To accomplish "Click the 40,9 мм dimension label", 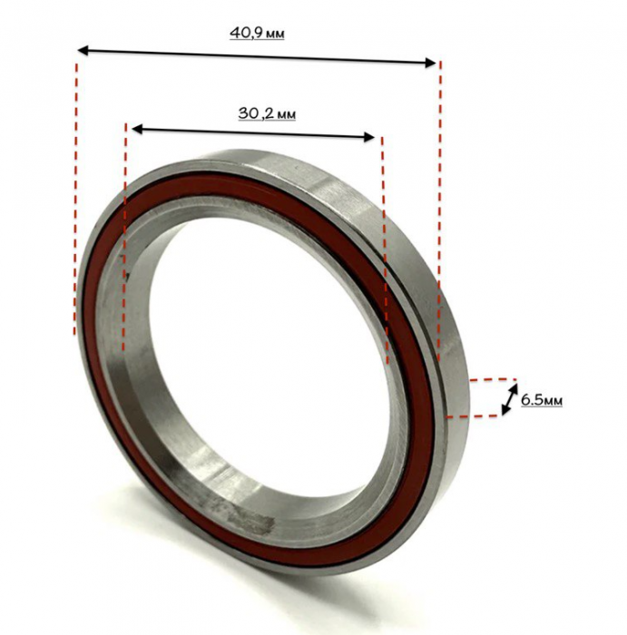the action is coord(257,33).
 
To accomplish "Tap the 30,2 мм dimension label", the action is coord(267,113).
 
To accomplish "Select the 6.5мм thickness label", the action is coord(541,400).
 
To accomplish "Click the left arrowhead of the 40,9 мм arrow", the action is coord(83,50).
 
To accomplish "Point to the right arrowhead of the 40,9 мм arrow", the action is coord(431,63).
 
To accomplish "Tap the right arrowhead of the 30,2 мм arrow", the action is coord(369,137).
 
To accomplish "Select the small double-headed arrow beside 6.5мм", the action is coord(510,399).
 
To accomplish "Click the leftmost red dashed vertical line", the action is coord(75,199).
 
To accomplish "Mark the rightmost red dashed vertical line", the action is coord(439,210).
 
